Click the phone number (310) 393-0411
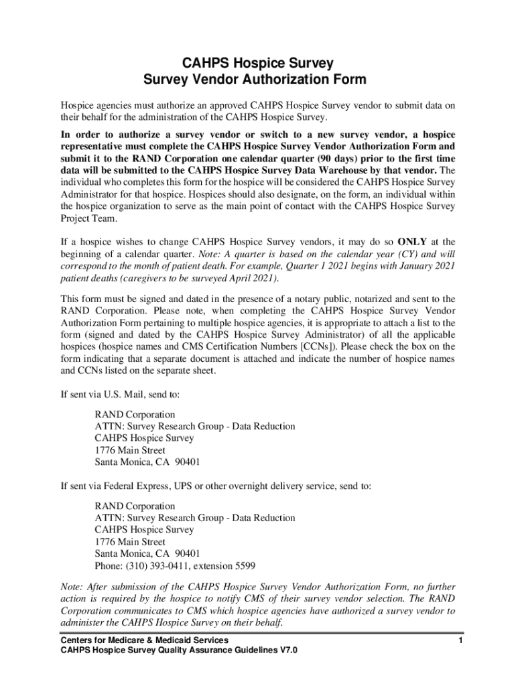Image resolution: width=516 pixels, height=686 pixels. pyautogui.click(x=155, y=566)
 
